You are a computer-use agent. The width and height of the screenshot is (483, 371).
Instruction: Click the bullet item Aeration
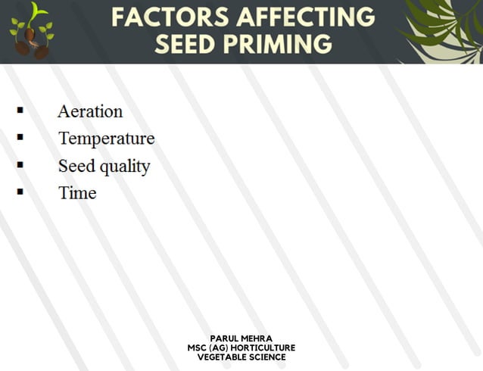point(90,111)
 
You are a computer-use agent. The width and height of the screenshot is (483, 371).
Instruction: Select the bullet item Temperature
point(106,139)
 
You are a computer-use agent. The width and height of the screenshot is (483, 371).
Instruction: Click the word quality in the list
point(125,167)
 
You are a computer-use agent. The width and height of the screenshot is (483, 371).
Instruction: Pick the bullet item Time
point(77,193)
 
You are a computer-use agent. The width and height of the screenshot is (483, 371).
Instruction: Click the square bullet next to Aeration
point(20,110)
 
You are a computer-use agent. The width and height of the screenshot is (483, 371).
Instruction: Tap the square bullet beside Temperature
point(20,137)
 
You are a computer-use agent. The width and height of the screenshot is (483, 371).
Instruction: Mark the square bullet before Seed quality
point(20,164)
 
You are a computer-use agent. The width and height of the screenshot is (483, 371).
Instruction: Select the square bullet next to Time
point(20,192)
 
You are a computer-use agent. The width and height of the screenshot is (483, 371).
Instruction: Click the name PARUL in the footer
point(225,338)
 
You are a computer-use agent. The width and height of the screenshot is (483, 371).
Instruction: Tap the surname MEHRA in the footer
point(258,338)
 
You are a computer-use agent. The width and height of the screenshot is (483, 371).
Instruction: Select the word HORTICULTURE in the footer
point(264,348)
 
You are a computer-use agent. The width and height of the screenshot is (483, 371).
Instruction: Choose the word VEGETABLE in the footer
point(222,357)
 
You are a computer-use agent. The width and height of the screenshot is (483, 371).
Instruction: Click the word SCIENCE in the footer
point(267,357)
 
